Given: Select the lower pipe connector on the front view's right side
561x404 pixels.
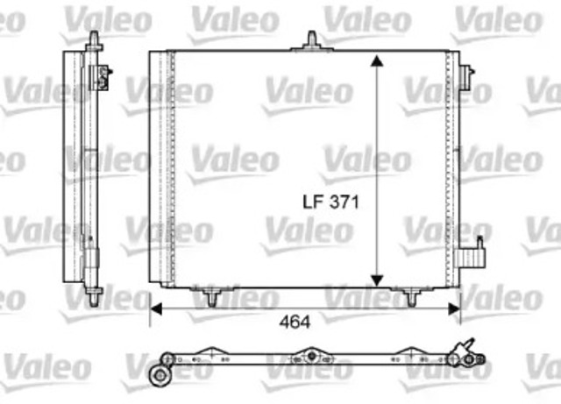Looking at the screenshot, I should (x=479, y=255).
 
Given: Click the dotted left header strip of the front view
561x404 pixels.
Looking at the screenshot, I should (x=172, y=167).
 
